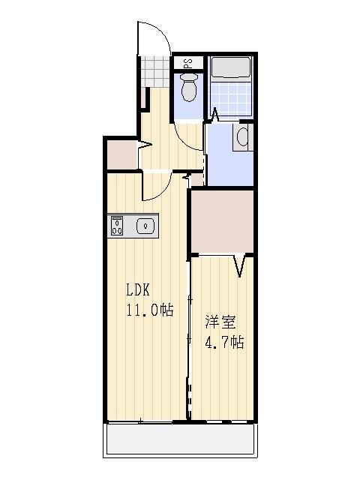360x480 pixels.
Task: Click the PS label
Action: (x=188, y=63)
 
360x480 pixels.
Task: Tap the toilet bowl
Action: (x=188, y=88)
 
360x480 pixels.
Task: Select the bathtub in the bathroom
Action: (x=231, y=68)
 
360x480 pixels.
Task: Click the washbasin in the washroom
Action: (x=244, y=136)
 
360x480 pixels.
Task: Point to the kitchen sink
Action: (x=145, y=226)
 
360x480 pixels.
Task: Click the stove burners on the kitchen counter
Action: (x=117, y=226)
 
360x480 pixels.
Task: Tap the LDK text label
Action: (x=138, y=290)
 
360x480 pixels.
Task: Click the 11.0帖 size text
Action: (x=150, y=310)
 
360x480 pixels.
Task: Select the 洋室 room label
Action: (x=220, y=322)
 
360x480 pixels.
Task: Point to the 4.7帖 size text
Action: (x=224, y=342)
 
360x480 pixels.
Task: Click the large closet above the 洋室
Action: (x=223, y=222)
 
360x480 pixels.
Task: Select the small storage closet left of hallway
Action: (x=122, y=154)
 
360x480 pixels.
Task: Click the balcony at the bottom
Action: (x=180, y=439)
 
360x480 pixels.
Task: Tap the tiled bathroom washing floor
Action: (x=231, y=98)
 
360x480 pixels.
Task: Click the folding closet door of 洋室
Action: (x=240, y=265)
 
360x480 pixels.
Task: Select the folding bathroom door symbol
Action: (x=215, y=114)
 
